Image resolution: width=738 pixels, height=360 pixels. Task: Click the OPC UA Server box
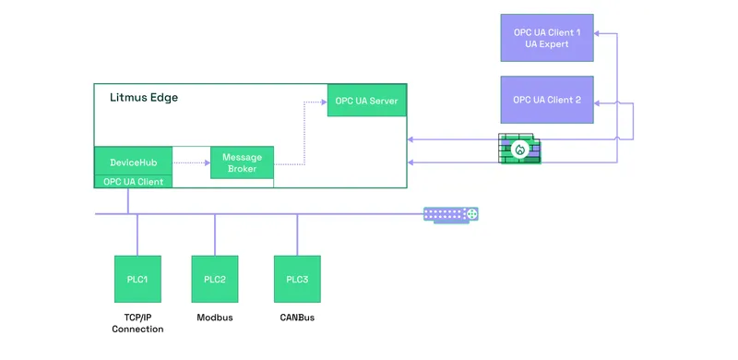[366, 101]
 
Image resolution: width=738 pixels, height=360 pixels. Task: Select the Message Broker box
[242, 162]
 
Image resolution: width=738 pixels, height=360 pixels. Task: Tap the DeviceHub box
[133, 162]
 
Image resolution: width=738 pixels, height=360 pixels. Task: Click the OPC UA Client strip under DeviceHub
[133, 181]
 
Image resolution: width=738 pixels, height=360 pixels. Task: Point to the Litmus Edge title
[144, 97]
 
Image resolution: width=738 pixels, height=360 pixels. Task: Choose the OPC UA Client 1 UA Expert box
[546, 38]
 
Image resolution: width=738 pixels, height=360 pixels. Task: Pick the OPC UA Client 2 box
[546, 100]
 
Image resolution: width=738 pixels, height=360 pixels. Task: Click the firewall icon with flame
[520, 149]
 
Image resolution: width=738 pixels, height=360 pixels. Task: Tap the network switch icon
[451, 214]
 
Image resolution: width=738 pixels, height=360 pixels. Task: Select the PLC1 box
[137, 279]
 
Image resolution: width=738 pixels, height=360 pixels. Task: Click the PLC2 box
[215, 279]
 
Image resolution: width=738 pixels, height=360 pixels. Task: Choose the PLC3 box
[297, 279]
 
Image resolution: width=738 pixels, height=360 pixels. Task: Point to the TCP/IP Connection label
[137, 323]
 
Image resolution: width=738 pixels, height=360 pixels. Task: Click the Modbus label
[215, 318]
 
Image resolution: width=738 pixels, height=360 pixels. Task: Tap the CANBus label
[297, 318]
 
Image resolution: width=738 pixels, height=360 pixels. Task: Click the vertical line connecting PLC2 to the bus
[215, 234]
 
